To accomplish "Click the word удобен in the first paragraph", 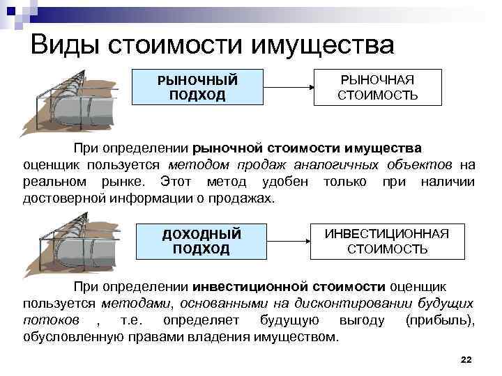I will coord(287,182).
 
